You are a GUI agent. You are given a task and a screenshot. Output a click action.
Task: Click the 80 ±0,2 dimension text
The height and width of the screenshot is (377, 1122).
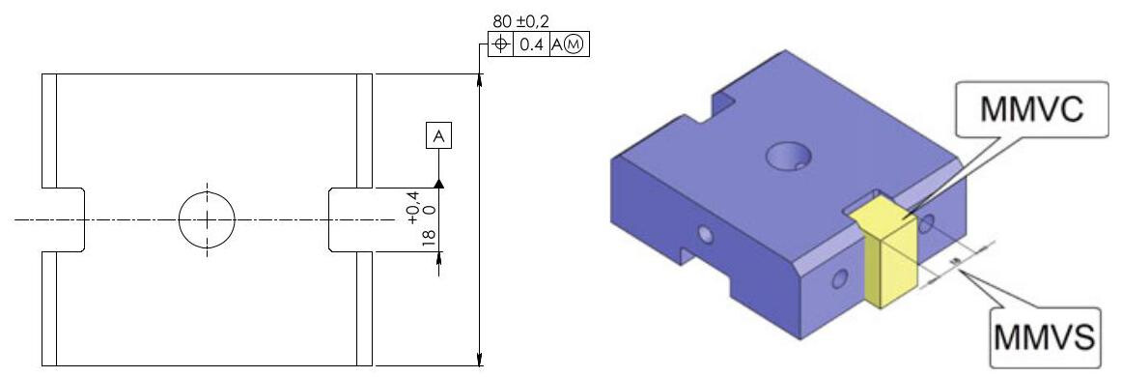point(521,21)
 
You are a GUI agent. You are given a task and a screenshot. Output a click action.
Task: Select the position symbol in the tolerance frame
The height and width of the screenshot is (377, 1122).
point(501,44)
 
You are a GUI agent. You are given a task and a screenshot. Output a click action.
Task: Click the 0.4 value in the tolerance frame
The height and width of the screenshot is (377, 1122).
point(530,44)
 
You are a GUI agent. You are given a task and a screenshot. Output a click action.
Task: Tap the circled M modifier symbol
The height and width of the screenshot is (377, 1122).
point(575,44)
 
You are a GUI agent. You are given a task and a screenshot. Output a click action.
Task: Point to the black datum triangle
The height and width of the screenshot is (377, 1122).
point(438,184)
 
